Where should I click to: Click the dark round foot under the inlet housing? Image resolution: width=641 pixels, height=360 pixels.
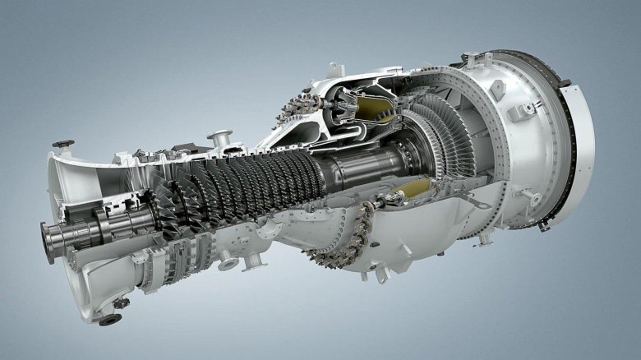[110, 319]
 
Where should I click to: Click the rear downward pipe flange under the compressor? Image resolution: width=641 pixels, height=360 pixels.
[253, 262]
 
